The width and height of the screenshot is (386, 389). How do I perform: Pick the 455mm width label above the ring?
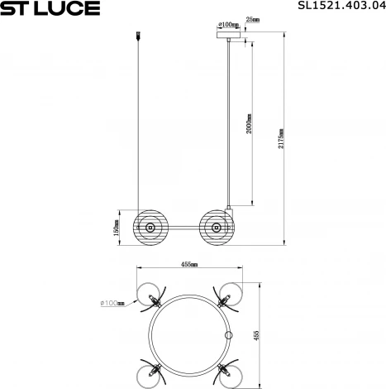[189, 263]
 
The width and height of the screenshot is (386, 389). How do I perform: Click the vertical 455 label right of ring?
[257, 335]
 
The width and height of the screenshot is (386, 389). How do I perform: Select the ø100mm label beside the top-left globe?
[112, 303]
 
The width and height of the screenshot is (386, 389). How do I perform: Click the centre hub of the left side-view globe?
[150, 226]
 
